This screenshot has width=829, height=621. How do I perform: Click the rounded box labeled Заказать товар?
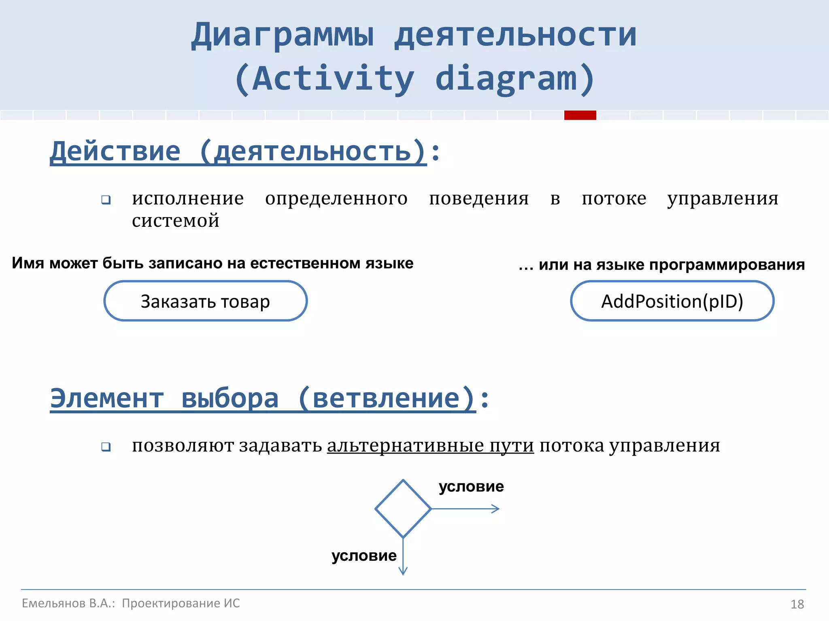pos(205,301)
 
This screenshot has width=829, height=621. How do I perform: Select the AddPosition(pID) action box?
pos(672,301)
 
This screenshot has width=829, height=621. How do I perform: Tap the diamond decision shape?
pos(403,509)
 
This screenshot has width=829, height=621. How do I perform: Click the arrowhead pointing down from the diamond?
pos(403,570)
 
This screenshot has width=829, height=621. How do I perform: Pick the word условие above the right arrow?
pos(471,486)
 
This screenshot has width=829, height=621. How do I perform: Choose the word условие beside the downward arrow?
pos(364,556)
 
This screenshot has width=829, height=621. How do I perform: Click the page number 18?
pos(797,604)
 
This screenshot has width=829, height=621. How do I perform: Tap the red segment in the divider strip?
pos(580,115)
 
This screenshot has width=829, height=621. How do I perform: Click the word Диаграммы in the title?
pos(283,35)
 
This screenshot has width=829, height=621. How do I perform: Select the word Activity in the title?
pos(333,78)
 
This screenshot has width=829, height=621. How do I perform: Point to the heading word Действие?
pos(115,152)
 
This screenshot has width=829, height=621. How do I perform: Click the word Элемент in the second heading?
pos(107,399)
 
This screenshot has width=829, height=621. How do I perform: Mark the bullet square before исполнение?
pos(106,200)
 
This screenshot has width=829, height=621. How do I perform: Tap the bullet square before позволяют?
pos(106,447)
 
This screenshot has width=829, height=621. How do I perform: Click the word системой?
pos(176,221)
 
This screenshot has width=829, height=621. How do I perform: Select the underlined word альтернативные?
pos(406,446)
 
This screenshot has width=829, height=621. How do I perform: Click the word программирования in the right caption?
pos(727,264)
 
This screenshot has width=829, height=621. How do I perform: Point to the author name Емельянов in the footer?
pos(53,603)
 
